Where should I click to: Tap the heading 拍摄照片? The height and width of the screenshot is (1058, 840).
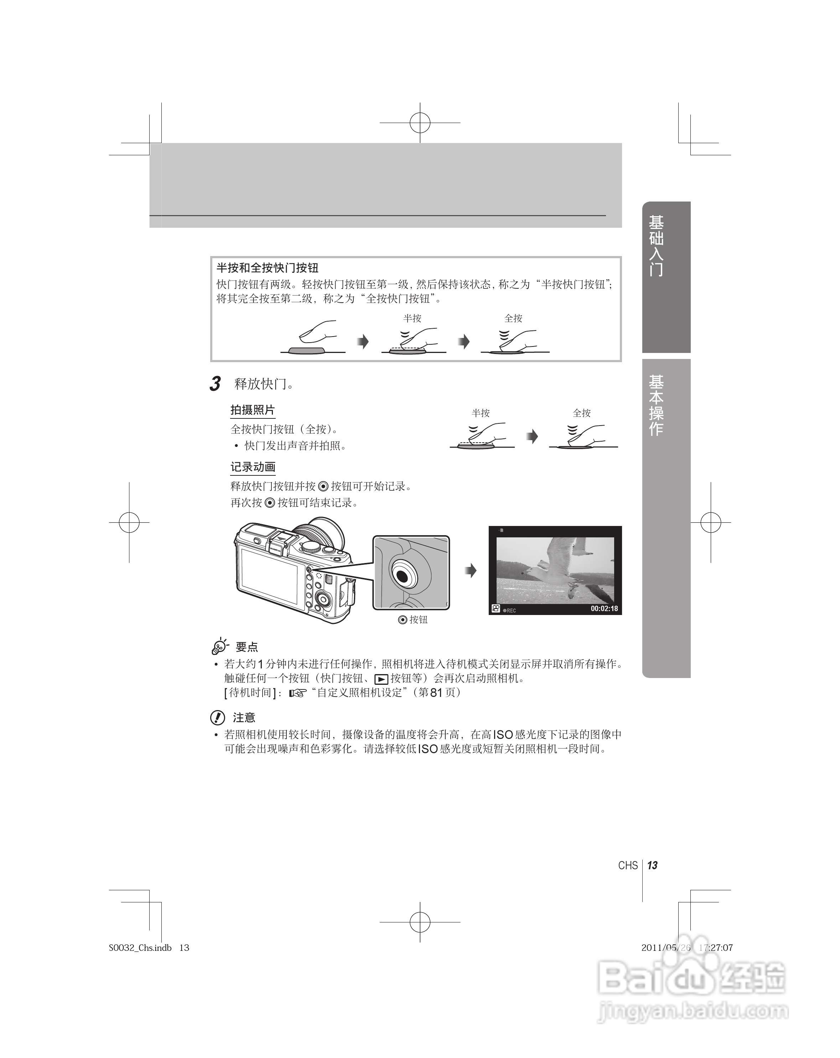252,410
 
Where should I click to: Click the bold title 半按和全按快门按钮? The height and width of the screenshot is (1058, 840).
268,268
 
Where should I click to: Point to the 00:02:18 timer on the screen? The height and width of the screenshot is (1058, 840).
604,609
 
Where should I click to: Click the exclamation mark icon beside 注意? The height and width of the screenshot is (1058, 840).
218,718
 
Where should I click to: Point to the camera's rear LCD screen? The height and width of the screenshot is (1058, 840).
269,576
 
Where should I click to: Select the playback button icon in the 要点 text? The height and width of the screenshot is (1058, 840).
381,679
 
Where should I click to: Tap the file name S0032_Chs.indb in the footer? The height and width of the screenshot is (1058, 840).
140,948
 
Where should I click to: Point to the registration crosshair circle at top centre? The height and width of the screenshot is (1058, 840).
420,123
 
